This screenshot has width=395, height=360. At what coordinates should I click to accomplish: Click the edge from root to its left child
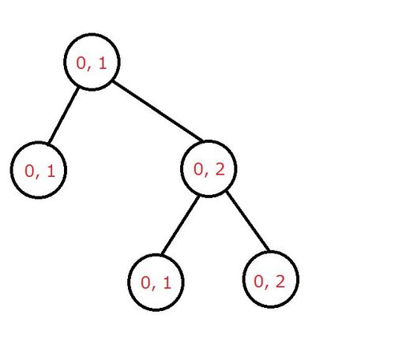point(64,115)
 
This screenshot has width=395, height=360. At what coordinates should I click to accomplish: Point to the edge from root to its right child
point(158,111)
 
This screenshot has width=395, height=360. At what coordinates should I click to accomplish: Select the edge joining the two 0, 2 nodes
point(248,221)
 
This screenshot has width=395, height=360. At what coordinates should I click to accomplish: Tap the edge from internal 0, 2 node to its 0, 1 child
point(180,225)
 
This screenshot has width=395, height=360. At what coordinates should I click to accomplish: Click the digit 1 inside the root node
point(103,63)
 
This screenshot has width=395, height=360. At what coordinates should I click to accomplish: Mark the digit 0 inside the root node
point(81,63)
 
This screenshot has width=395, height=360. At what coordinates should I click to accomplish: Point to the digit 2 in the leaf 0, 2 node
point(280,281)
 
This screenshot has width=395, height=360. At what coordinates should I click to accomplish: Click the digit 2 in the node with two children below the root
point(220,169)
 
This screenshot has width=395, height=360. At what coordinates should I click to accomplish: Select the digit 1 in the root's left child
point(51,171)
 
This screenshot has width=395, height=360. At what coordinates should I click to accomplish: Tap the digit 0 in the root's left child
point(29,171)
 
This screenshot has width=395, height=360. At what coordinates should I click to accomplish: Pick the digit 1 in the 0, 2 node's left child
point(167,283)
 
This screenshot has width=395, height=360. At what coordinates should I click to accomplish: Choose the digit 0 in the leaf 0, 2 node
point(259,281)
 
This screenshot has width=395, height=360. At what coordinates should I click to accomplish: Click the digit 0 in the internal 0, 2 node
point(198,170)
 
